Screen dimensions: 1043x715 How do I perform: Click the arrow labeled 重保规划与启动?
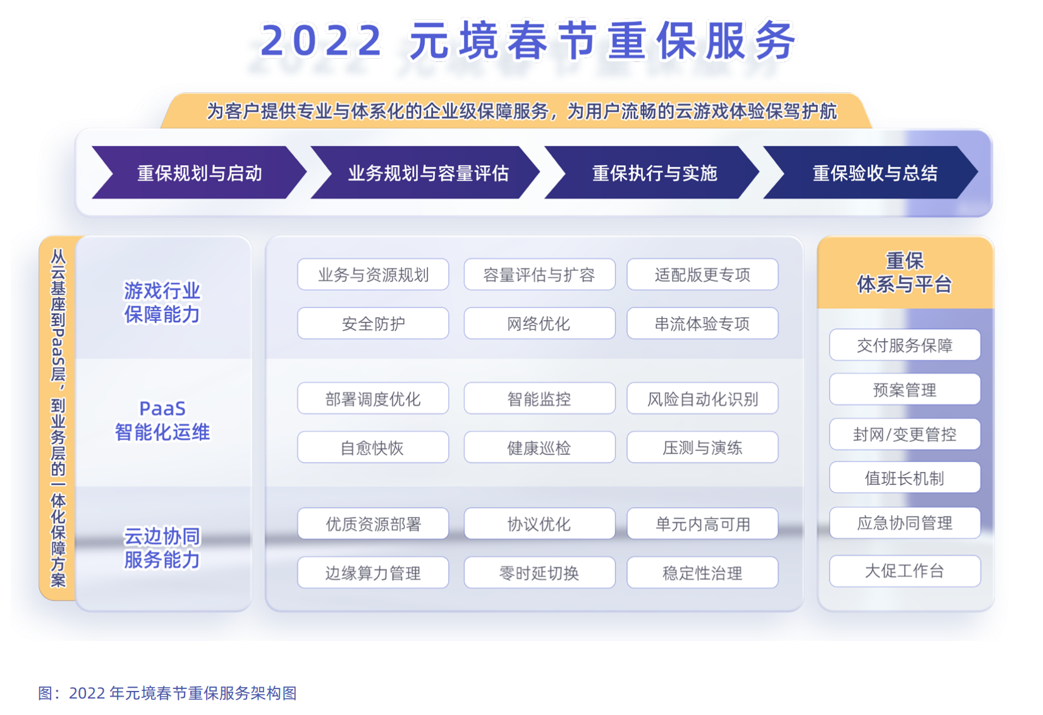coord(199,173)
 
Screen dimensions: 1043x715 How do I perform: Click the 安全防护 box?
coord(373,323)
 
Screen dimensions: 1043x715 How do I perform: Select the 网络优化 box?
coord(539,323)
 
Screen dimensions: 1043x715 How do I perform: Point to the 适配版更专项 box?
coord(702,275)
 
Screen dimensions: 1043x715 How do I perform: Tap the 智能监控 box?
coord(539,399)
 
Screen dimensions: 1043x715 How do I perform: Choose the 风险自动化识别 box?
coord(702,399)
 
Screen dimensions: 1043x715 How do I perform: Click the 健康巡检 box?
coord(539,447)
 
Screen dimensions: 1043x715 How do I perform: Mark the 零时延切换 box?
coord(539,573)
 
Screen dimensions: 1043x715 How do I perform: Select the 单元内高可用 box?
coord(702,524)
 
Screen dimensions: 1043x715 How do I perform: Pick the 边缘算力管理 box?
coord(373,573)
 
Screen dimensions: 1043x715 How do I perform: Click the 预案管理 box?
coord(905,389)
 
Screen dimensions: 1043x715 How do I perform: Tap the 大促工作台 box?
coord(905,571)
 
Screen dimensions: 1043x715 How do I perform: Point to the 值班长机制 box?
coord(905,478)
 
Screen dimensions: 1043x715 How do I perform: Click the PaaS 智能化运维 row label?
coord(162,420)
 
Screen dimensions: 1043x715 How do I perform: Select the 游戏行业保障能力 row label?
coord(162,302)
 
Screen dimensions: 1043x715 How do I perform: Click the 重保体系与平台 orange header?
coord(905,272)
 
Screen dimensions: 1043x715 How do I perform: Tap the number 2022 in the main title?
coord(321,40)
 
